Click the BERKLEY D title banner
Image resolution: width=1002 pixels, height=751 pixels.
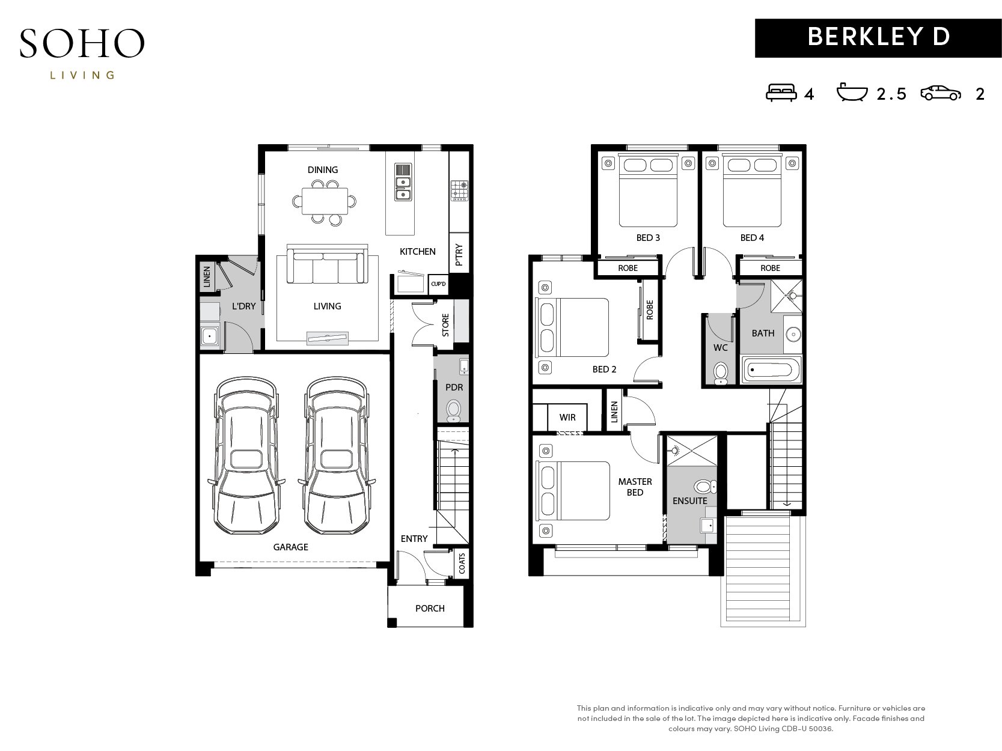click(x=878, y=38)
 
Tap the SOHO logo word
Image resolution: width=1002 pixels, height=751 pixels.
click(x=82, y=43)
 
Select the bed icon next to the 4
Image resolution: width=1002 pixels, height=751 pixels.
click(x=781, y=93)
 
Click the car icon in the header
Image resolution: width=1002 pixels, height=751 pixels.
click(x=941, y=93)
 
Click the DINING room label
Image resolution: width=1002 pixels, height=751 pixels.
click(x=323, y=170)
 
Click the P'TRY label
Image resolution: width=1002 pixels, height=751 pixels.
click(x=459, y=255)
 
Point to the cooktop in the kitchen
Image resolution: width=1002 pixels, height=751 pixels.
click(x=459, y=190)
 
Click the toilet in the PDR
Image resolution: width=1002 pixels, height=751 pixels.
click(x=454, y=411)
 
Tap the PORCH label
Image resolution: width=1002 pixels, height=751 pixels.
click(x=430, y=608)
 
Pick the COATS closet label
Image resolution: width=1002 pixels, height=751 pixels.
click(x=462, y=564)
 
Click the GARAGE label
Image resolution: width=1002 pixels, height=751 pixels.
click(x=291, y=547)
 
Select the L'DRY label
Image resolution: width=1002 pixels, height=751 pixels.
click(x=244, y=306)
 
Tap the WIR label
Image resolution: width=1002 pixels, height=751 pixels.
click(x=567, y=417)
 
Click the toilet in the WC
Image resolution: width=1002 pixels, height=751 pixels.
click(x=721, y=373)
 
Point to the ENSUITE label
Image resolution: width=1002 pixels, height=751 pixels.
click(x=690, y=501)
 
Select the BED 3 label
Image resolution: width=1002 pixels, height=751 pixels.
click(x=648, y=238)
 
